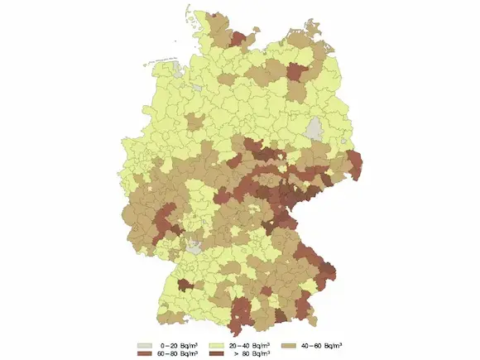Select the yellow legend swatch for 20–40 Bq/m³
point(212,343)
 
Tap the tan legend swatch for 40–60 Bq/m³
point(289,343)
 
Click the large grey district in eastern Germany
point(314,129)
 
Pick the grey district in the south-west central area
point(194,246)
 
